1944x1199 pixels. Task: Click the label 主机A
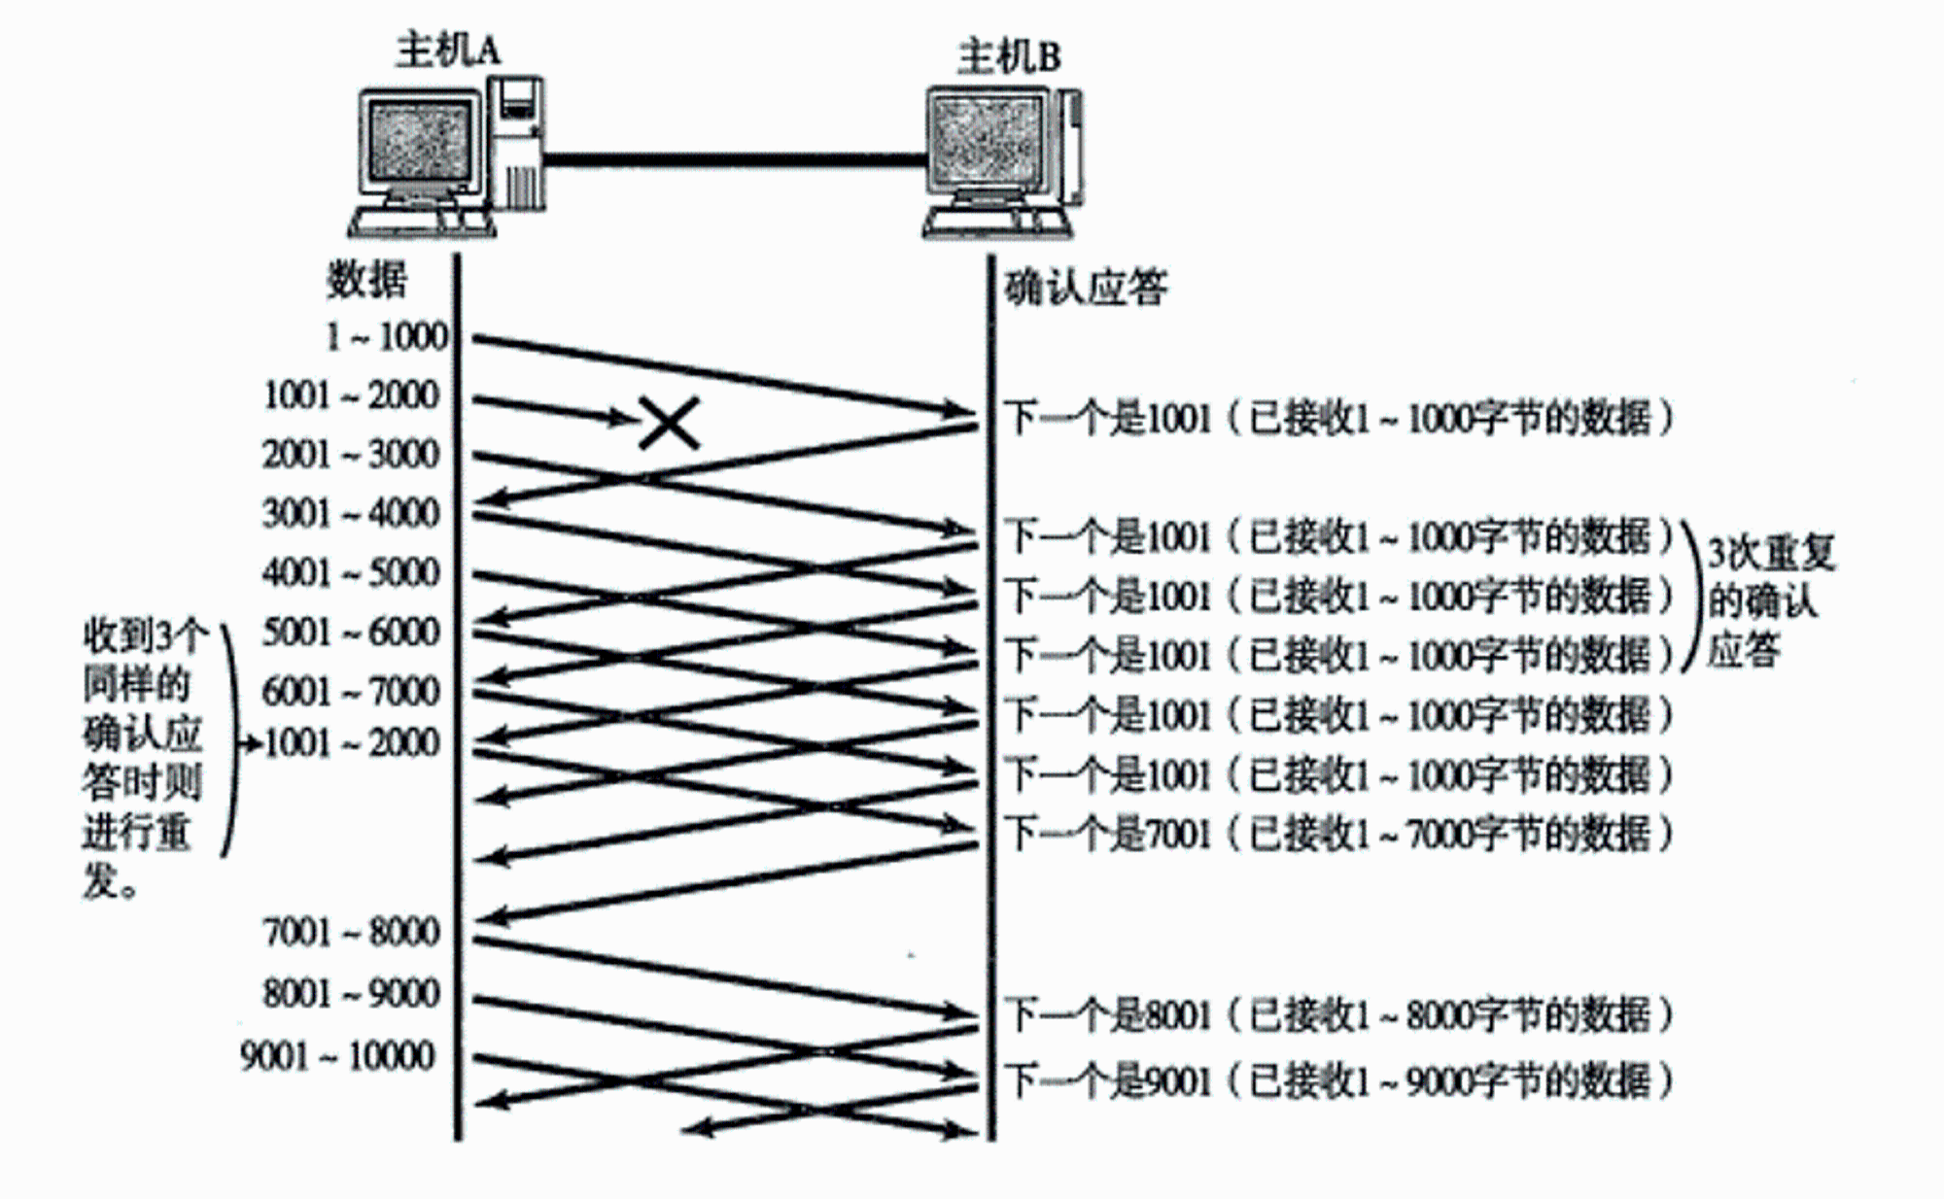point(448,49)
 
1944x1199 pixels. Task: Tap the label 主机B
point(1008,56)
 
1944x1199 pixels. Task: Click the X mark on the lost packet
point(670,423)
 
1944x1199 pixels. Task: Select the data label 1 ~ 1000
point(387,336)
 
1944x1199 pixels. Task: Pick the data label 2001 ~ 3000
point(351,454)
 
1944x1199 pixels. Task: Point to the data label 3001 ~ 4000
point(351,513)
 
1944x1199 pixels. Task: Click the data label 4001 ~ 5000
point(351,572)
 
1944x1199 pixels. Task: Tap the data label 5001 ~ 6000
point(351,632)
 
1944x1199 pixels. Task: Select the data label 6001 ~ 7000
point(351,691)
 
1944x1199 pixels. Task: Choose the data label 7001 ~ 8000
point(351,932)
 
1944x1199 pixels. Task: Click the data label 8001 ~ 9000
point(351,993)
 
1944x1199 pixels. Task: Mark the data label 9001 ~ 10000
point(337,1055)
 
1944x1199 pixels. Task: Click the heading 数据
point(366,280)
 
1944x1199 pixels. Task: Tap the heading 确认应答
point(1086,287)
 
